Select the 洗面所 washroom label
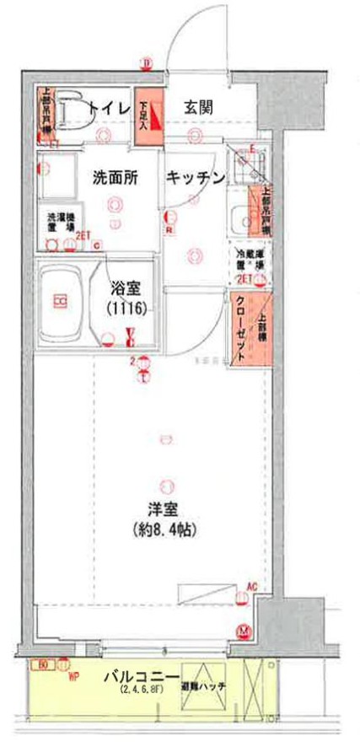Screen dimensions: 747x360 coord(116,177)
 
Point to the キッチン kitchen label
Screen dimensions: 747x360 coord(195,177)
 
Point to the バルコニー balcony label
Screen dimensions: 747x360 coord(139,677)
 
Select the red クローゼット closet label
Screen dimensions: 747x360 coord(240,329)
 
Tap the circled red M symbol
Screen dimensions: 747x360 coord(244,631)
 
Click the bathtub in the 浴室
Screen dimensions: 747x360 coord(60,300)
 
